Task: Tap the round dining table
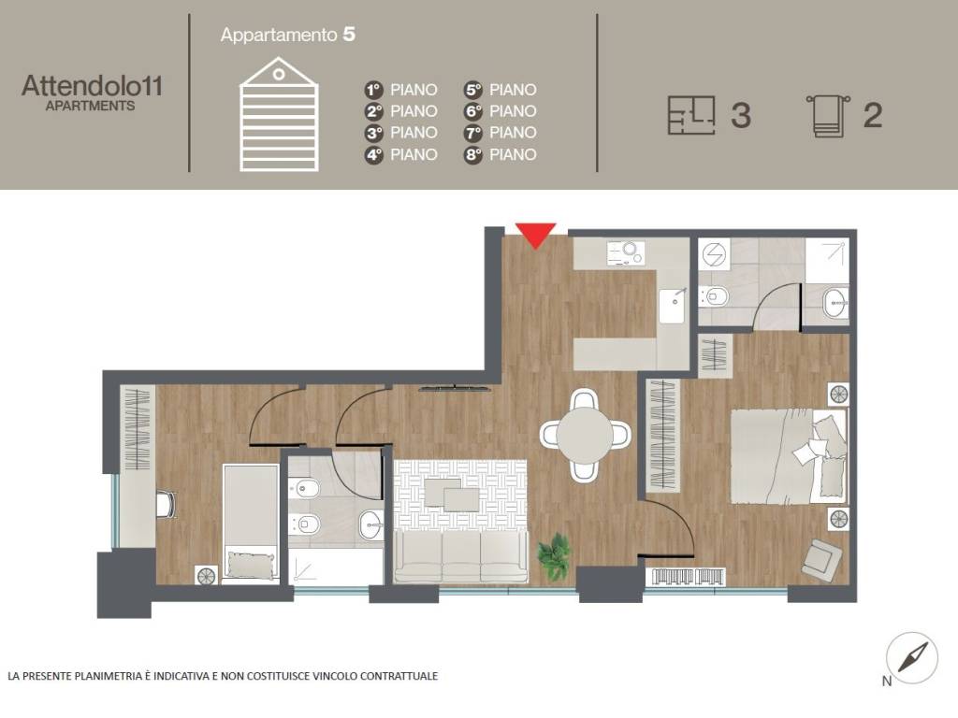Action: [x=585, y=435]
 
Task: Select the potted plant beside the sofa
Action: [x=555, y=556]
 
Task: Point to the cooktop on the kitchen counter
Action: [x=626, y=252]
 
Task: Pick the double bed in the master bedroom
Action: [x=788, y=456]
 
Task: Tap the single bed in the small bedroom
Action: [x=251, y=522]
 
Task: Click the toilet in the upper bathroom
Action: [x=714, y=296]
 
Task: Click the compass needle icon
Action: [x=913, y=657]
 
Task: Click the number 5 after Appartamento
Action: [x=349, y=35]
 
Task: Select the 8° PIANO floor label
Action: [x=501, y=154]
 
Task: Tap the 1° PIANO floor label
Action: [x=400, y=90]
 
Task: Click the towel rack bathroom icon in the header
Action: [x=829, y=116]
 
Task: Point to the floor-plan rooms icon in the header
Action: [x=691, y=115]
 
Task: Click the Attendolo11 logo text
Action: [x=93, y=85]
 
